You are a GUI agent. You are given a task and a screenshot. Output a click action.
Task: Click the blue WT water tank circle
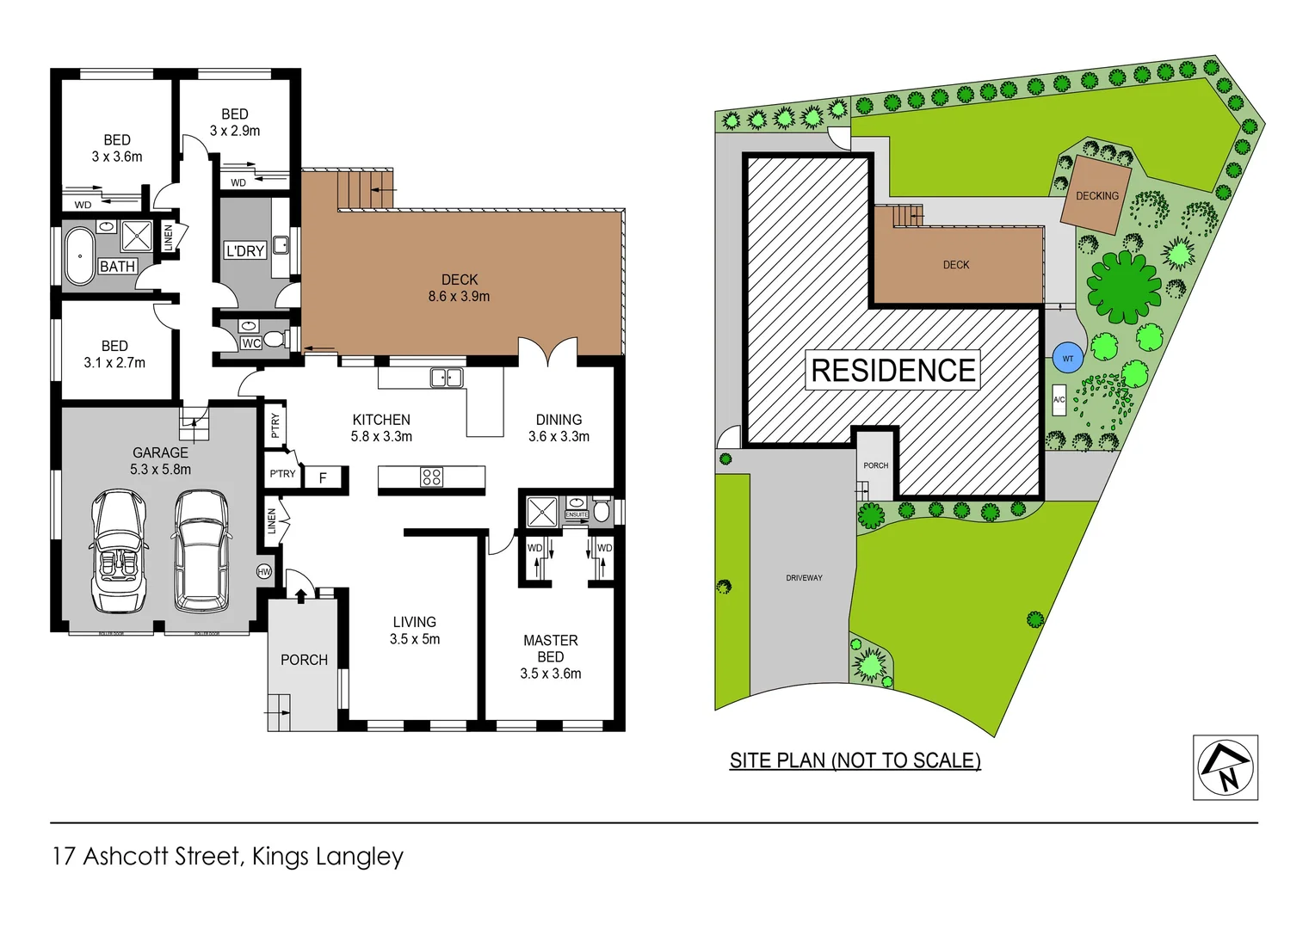(x=1067, y=358)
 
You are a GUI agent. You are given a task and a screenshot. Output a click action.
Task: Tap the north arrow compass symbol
(x=1225, y=767)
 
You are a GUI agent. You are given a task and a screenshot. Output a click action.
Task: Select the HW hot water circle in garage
(x=264, y=571)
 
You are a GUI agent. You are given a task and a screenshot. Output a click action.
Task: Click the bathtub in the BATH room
(x=80, y=256)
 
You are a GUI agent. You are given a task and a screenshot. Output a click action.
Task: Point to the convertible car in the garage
(x=120, y=551)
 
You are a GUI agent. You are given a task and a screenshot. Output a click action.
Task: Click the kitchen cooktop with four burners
(x=432, y=477)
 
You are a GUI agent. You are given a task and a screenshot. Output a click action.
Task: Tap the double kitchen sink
(x=447, y=378)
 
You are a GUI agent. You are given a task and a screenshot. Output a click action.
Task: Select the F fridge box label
(x=324, y=478)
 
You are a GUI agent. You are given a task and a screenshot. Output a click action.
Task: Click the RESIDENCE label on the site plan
(x=893, y=371)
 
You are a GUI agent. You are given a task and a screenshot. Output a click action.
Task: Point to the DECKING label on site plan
(x=1097, y=196)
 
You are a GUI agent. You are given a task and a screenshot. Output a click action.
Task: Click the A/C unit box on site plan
(x=1059, y=400)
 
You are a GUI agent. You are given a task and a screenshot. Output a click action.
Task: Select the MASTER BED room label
(x=551, y=649)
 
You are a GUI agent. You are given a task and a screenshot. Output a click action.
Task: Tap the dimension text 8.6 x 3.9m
(x=459, y=297)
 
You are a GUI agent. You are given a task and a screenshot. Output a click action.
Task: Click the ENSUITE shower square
(x=543, y=511)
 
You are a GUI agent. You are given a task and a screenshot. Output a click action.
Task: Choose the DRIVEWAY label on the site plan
(x=804, y=578)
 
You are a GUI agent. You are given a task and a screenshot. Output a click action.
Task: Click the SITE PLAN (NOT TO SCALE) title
(x=855, y=760)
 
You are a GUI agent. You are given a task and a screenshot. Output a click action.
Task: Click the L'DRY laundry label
(x=245, y=251)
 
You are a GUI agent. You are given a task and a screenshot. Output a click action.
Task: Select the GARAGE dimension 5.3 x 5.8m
(x=160, y=470)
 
